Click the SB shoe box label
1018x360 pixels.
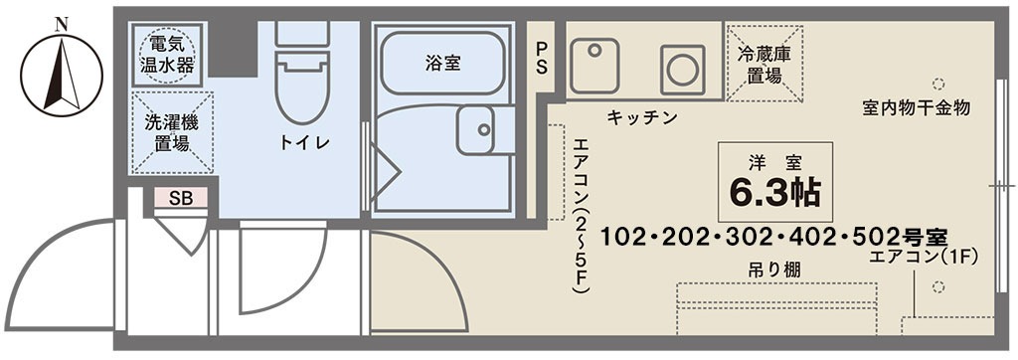pos(180,198)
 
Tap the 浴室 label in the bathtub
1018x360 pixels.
pos(441,63)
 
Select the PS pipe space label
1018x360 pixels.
pos(541,58)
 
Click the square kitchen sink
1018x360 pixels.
pos(594,64)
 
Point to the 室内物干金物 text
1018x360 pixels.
pos(916,105)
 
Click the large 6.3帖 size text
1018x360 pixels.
pos(775,192)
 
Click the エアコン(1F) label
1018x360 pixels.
pos(924,257)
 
